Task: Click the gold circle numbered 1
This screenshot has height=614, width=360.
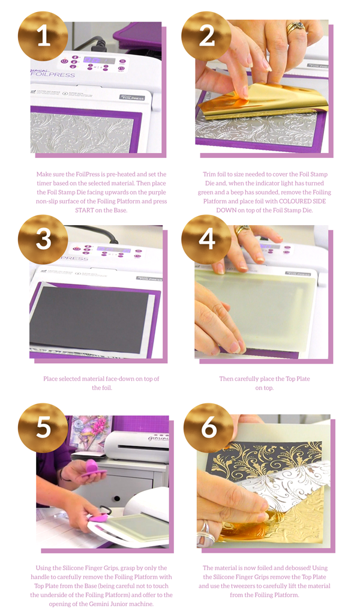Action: point(43,37)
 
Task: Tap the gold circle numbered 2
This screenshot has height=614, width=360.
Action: point(206,37)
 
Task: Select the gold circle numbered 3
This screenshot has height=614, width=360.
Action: point(43,239)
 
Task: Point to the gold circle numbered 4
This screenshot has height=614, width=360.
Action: point(206,239)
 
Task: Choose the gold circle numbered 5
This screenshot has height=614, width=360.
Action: point(43,428)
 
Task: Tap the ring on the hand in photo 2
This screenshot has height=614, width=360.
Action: point(293,28)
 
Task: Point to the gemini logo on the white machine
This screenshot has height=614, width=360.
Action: point(158,438)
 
